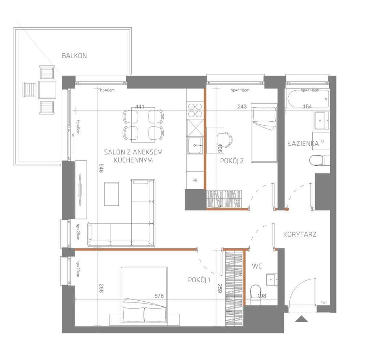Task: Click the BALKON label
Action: tap(74, 56)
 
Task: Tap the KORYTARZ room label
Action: tap(300, 234)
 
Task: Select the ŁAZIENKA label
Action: tap(303, 143)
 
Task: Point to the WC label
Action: tap(257, 266)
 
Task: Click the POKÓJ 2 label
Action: tap(232, 161)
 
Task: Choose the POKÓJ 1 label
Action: tap(199, 280)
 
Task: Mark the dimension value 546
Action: tap(101, 168)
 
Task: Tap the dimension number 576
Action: tap(159, 296)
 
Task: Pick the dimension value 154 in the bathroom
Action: tap(307, 107)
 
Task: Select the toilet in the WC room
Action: tap(255, 293)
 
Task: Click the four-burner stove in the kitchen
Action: tap(195, 110)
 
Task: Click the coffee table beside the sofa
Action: tap(111, 194)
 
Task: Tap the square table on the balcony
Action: tap(47, 90)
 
